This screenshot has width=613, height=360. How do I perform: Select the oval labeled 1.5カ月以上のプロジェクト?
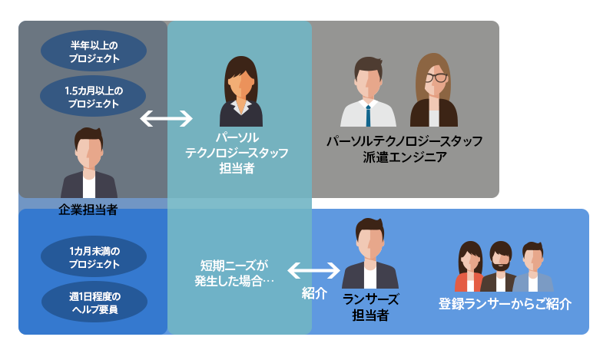(94, 96)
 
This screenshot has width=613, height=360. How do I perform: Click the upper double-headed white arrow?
(167, 118)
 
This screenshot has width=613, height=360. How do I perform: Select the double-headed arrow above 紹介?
(314, 270)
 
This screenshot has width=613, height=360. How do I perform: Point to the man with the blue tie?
(369, 93)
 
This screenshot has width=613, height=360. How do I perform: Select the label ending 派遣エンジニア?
(404, 149)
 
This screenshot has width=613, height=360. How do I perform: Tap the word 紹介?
(314, 293)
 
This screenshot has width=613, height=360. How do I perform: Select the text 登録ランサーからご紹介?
(505, 303)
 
